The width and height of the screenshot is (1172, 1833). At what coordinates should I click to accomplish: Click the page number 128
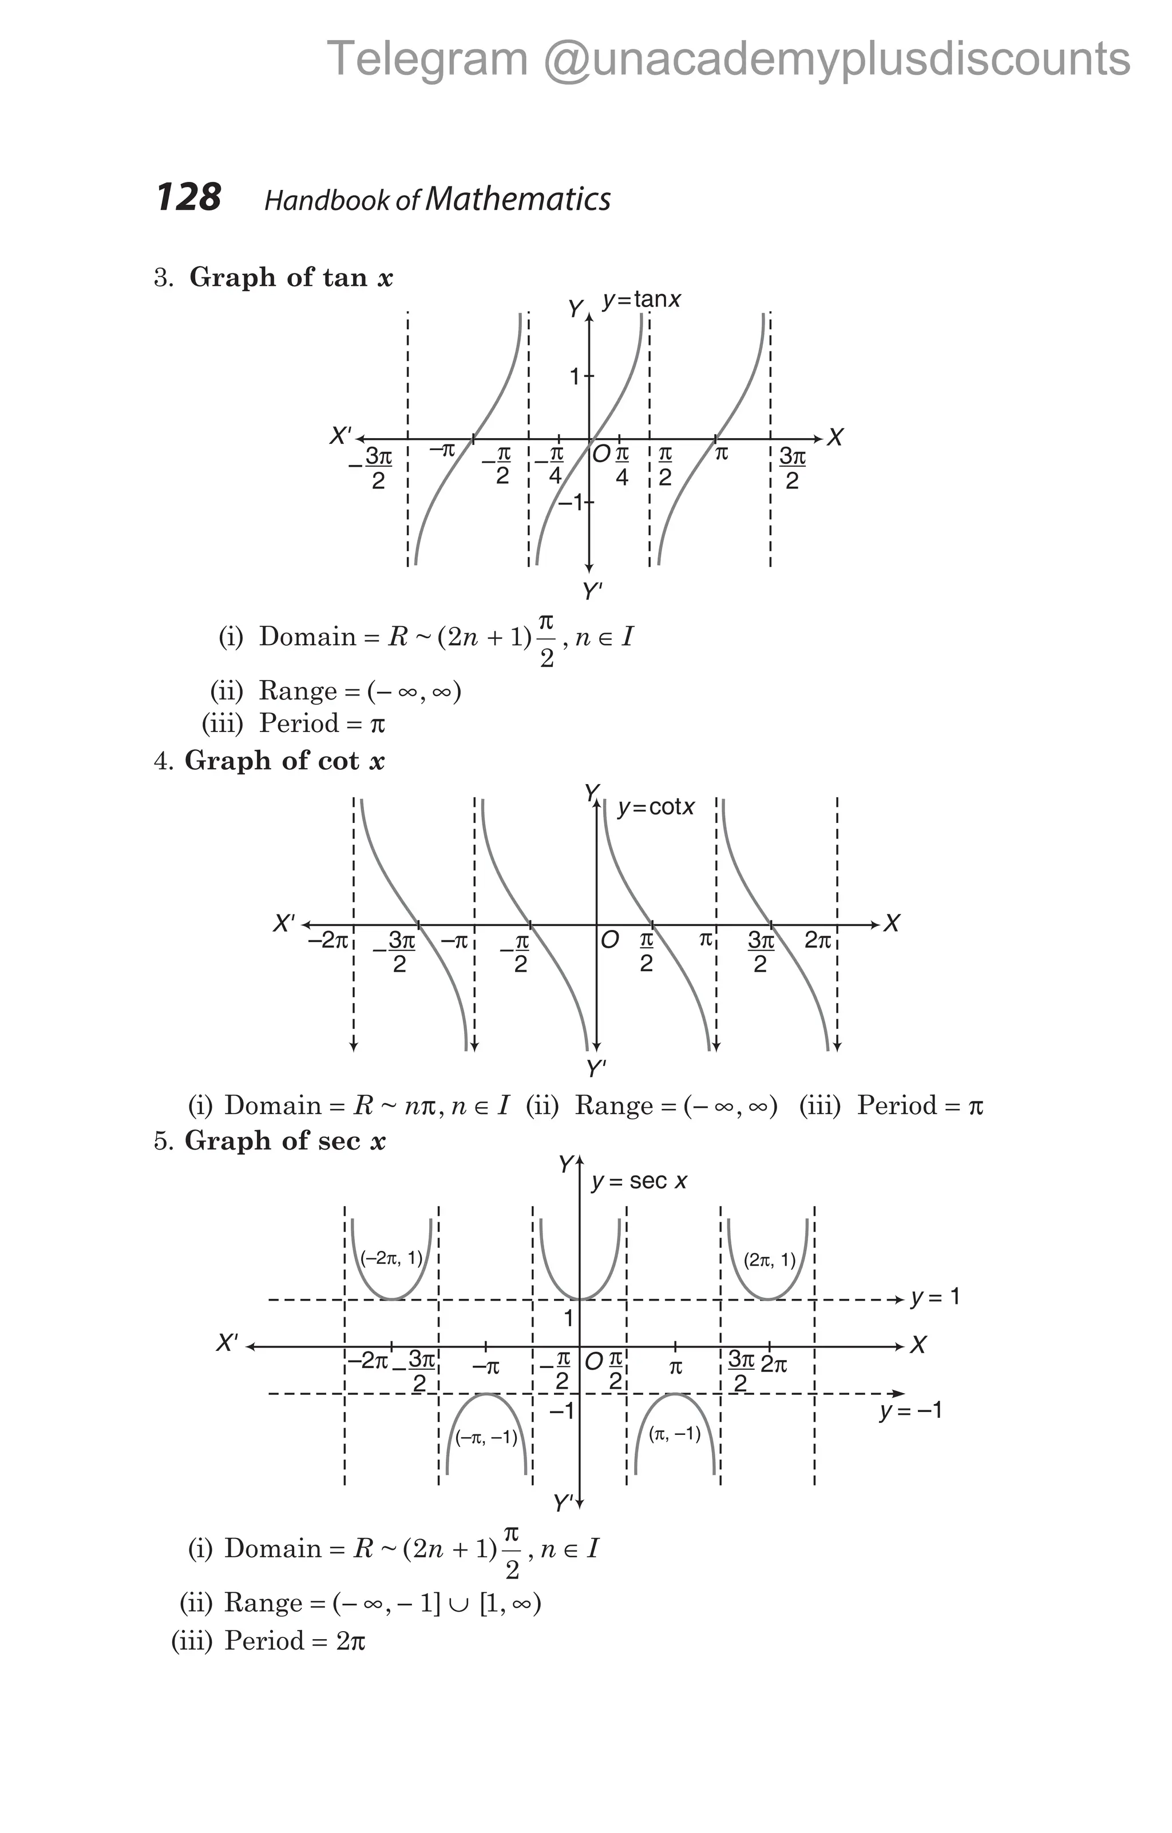[189, 197]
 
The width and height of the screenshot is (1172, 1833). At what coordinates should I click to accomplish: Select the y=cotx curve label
[656, 807]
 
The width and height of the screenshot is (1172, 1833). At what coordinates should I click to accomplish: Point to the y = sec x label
[639, 1182]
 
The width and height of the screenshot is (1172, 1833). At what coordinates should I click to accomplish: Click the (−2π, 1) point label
[391, 1258]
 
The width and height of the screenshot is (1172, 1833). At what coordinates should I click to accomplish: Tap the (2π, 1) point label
[769, 1260]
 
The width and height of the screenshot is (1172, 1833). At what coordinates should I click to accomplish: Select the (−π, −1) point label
[486, 1437]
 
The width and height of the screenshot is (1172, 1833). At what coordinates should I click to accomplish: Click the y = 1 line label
[935, 1297]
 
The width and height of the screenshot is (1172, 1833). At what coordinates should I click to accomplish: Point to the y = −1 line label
[911, 1410]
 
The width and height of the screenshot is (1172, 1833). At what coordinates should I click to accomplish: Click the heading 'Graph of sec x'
[285, 1140]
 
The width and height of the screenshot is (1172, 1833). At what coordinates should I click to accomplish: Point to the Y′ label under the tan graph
[592, 591]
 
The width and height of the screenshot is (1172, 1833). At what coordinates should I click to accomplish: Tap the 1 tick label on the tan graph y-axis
[576, 376]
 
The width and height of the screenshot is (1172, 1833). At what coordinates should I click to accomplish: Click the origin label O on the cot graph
[609, 941]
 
